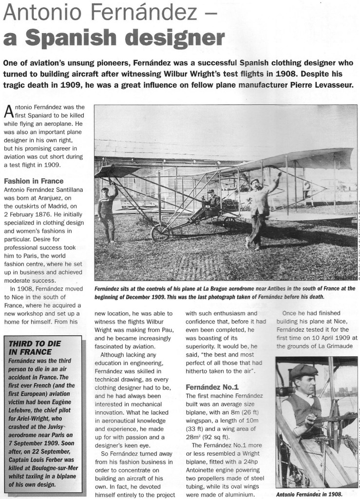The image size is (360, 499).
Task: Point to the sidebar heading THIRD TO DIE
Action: click(x=35, y=344)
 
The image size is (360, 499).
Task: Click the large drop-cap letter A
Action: click(x=9, y=113)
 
